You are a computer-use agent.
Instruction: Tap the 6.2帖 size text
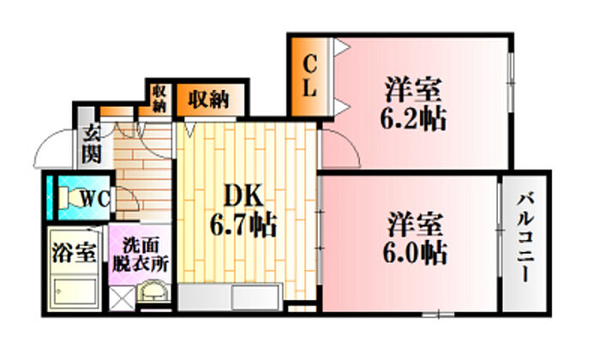click(x=413, y=117)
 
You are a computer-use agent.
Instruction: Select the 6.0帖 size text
click(x=413, y=253)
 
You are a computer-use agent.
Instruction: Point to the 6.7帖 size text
click(x=243, y=225)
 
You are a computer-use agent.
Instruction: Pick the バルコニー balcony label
click(x=524, y=241)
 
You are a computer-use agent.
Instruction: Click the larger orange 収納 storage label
click(x=209, y=99)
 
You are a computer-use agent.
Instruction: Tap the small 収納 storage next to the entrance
click(x=159, y=99)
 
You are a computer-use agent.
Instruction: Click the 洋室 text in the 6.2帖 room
click(x=413, y=88)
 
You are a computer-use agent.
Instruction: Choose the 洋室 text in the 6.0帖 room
click(x=413, y=225)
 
